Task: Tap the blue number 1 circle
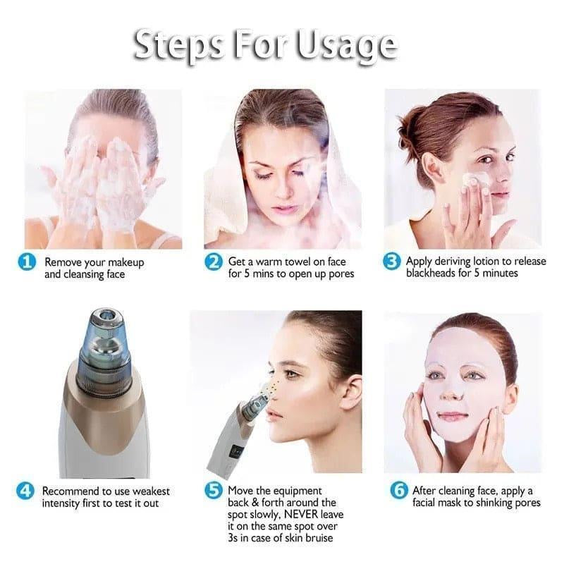tap(26, 262)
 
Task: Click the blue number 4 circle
tap(26, 491)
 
